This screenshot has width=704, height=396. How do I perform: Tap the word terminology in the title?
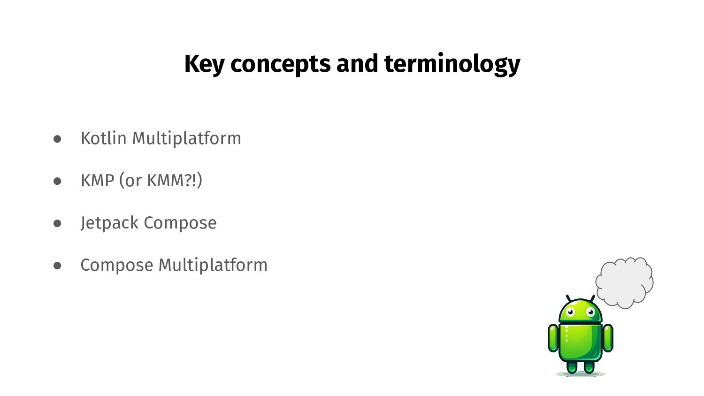click(x=452, y=64)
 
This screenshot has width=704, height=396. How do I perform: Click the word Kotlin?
click(x=104, y=138)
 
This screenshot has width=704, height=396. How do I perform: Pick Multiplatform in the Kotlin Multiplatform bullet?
click(x=186, y=138)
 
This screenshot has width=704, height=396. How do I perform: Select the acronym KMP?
click(x=98, y=181)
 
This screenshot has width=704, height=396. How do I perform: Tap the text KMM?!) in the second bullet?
click(x=175, y=181)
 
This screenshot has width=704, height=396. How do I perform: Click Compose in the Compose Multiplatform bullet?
click(x=116, y=265)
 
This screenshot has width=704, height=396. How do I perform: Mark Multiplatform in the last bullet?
click(x=213, y=265)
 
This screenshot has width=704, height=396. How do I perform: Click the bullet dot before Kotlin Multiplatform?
click(x=58, y=139)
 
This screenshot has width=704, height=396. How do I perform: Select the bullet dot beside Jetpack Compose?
click(x=58, y=223)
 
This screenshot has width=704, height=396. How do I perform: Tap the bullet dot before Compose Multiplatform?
click(x=58, y=266)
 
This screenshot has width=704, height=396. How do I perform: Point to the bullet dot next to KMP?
click(x=58, y=181)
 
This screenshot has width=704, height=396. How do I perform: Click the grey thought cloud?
click(x=625, y=282)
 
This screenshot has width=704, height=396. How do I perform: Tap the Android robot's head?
click(x=581, y=311)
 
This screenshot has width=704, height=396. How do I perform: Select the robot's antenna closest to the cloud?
click(x=592, y=299)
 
